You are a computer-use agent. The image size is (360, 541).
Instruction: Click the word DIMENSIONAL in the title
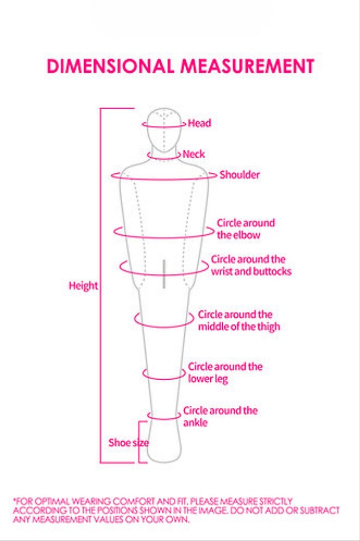pos(110,66)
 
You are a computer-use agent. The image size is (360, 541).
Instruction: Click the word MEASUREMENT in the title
pos(247,66)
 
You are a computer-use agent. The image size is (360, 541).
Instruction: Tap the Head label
pos(199,123)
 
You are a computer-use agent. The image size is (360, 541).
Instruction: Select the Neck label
pos(193,154)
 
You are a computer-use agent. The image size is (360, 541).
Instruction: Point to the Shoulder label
pos(240,175)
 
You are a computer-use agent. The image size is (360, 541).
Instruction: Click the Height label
pos(84,286)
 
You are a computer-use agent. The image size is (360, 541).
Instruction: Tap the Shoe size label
pos(129,443)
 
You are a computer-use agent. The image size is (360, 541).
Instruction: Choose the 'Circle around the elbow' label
pos(246,229)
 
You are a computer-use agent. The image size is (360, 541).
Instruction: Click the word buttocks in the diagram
pos(272,271)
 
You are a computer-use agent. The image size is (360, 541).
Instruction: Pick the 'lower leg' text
pos(208,379)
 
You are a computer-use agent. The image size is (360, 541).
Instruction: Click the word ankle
pos(195,423)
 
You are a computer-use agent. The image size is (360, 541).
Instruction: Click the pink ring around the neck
pos(163,159)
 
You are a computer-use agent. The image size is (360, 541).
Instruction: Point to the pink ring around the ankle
pos(164,419)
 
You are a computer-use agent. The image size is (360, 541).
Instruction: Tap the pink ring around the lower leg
pos(164,379)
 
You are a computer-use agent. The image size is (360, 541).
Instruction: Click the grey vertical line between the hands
pos(164,274)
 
